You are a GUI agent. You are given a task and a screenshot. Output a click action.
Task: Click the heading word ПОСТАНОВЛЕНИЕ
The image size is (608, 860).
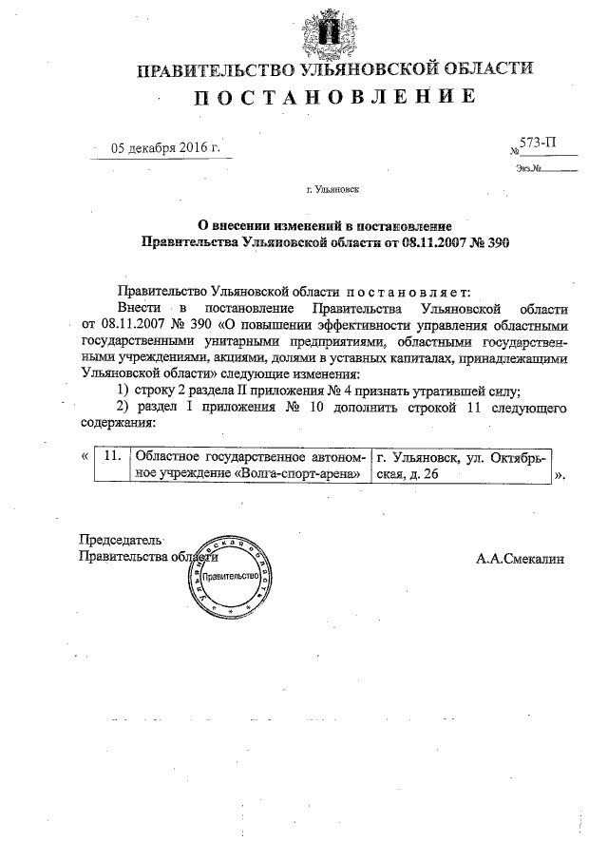(x=333, y=98)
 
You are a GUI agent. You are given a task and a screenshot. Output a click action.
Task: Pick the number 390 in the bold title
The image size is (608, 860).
(x=497, y=242)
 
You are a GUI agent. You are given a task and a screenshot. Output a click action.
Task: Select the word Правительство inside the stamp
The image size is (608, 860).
(x=230, y=577)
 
